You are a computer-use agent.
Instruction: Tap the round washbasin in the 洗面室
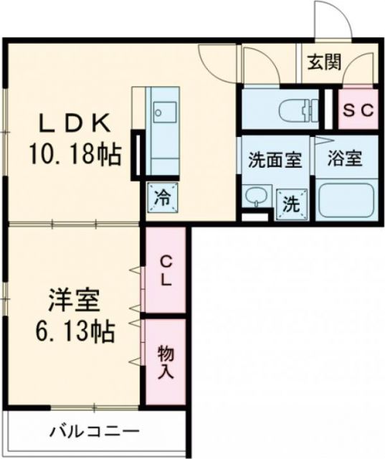255,195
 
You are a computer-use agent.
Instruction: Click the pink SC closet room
357,110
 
